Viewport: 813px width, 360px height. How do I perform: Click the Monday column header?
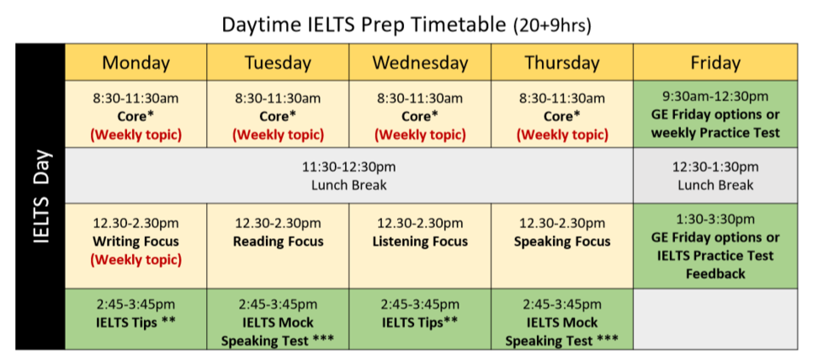(135, 62)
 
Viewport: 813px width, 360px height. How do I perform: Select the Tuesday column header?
(278, 62)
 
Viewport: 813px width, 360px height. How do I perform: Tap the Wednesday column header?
(420, 62)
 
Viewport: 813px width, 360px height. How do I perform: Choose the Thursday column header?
(562, 62)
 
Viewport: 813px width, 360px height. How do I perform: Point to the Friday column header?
(715, 62)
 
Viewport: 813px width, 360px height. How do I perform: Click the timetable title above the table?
(406, 24)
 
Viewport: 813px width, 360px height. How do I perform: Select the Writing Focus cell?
(135, 246)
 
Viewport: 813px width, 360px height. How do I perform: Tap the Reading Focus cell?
(278, 246)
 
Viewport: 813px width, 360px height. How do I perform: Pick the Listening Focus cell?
(420, 246)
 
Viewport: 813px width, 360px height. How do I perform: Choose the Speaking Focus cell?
(562, 246)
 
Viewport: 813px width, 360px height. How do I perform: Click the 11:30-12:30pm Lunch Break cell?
(349, 176)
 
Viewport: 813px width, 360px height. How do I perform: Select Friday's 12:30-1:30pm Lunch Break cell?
(715, 176)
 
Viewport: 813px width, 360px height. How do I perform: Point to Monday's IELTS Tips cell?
(135, 319)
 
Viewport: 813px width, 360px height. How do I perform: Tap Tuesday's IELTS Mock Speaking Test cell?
(278, 319)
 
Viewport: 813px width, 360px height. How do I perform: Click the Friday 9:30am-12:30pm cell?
(715, 114)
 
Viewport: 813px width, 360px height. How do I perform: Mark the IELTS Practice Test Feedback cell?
(715, 246)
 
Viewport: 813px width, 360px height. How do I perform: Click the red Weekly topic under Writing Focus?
(135, 259)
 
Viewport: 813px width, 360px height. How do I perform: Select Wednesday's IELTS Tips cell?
(420, 319)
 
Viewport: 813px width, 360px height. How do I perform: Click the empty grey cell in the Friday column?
(715, 319)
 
